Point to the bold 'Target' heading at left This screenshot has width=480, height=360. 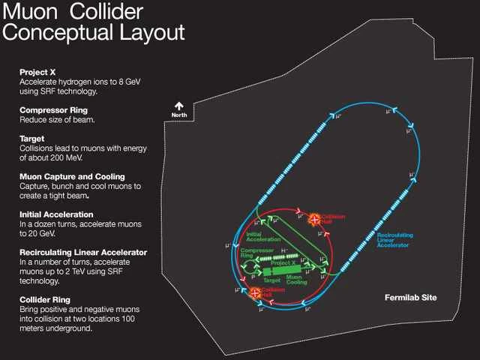click(x=33, y=139)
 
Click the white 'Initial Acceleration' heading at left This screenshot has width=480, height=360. click(x=59, y=214)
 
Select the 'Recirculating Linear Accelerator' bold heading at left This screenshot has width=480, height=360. click(x=83, y=252)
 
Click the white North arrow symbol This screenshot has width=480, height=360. click(x=179, y=106)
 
